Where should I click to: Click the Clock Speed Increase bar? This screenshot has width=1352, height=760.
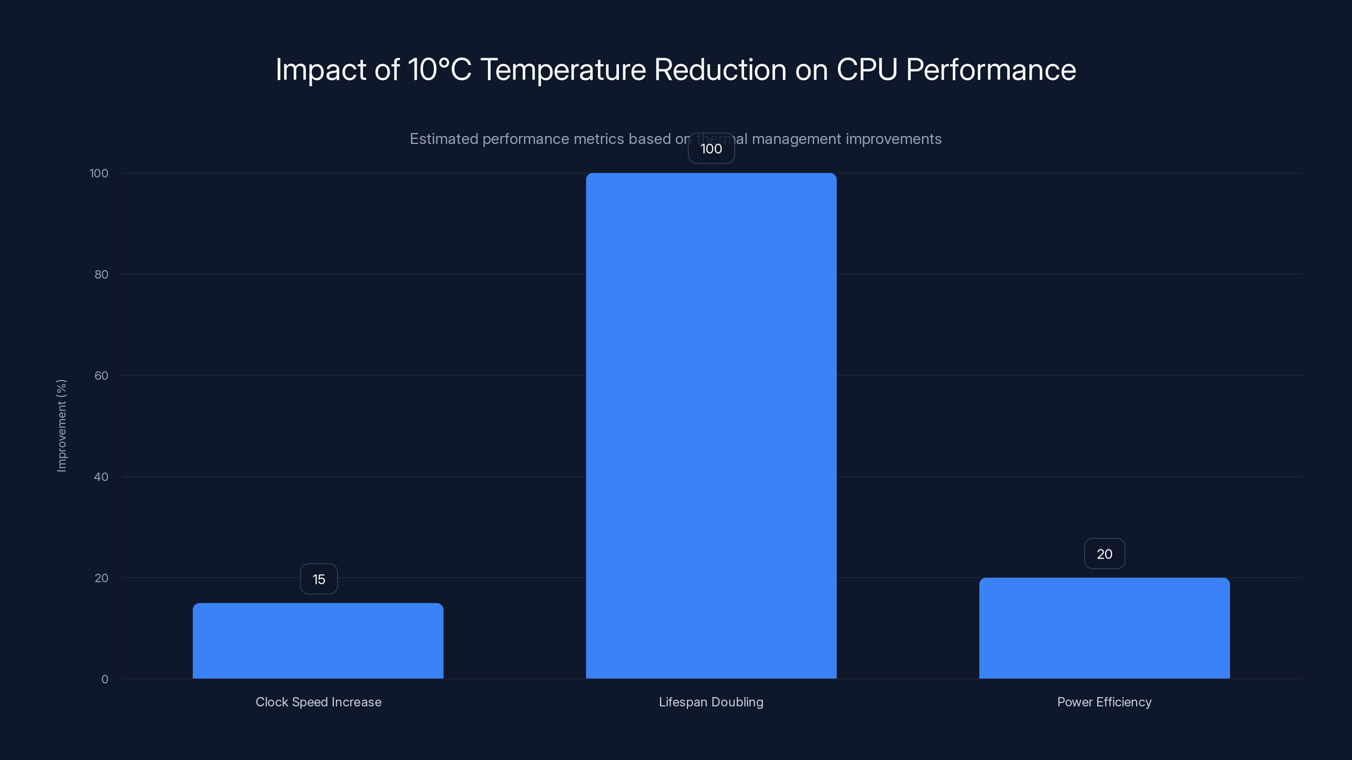pyautogui.click(x=318, y=641)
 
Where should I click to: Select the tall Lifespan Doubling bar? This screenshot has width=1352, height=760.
pyautogui.click(x=711, y=425)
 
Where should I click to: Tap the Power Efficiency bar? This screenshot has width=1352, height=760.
pyautogui.click(x=1104, y=628)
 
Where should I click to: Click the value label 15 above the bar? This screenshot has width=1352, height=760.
pyautogui.click(x=319, y=579)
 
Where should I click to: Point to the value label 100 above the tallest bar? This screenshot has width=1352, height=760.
pyautogui.click(x=711, y=149)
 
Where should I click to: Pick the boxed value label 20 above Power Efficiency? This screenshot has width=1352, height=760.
pyautogui.click(x=1104, y=554)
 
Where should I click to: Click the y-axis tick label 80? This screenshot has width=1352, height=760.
pyautogui.click(x=101, y=274)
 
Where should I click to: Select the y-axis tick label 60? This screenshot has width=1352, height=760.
pyautogui.click(x=101, y=375)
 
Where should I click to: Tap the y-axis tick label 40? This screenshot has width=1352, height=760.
pyautogui.click(x=101, y=477)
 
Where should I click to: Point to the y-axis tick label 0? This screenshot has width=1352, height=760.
pyautogui.click(x=104, y=679)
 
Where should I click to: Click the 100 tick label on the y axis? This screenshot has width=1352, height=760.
pyautogui.click(x=99, y=173)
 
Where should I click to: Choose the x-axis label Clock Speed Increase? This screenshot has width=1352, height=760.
pyautogui.click(x=319, y=702)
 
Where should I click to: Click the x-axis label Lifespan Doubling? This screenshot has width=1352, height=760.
pyautogui.click(x=711, y=702)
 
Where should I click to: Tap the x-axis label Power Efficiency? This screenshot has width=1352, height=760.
pyautogui.click(x=1104, y=702)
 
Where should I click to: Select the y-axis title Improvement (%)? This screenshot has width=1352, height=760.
pyautogui.click(x=61, y=425)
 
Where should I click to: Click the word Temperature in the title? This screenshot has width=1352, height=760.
pyautogui.click(x=563, y=70)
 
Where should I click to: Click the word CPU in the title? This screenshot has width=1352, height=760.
pyautogui.click(x=867, y=70)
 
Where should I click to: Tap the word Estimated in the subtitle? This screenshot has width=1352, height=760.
pyautogui.click(x=444, y=139)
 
